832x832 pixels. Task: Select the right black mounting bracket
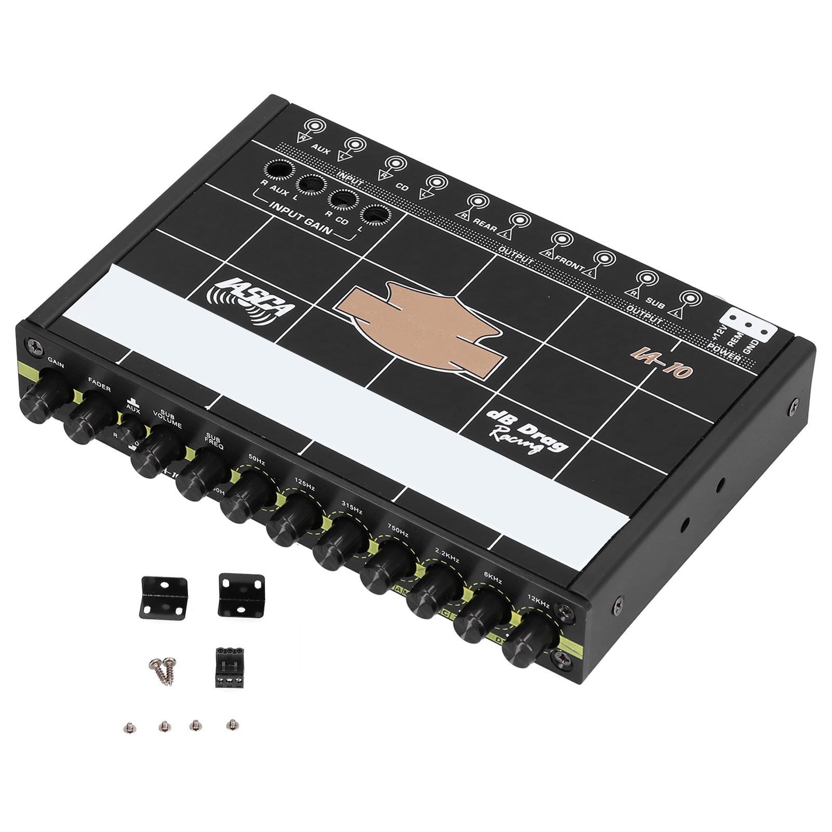click(x=239, y=592)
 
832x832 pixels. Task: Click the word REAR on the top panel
click(x=485, y=221)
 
